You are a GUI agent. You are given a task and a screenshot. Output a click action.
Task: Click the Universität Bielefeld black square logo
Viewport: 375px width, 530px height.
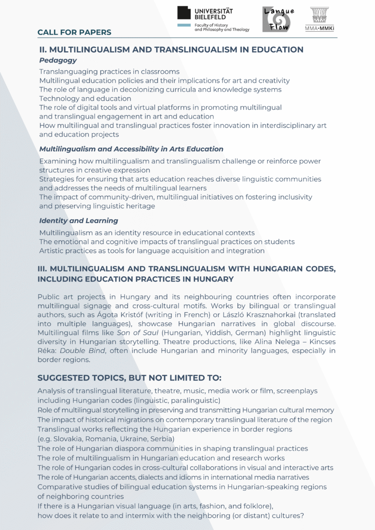pyautogui.click(x=184, y=14)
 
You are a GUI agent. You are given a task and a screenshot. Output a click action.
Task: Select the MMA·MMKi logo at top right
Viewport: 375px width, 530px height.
pyautogui.click(x=319, y=19)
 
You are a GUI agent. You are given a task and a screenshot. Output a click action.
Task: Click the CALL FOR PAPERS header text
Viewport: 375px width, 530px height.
pyautogui.click(x=74, y=33)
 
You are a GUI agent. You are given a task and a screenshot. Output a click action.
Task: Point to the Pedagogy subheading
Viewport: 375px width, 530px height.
pyautogui.click(x=58, y=61)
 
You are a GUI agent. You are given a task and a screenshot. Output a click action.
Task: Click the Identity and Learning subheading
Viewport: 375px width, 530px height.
pyautogui.click(x=79, y=221)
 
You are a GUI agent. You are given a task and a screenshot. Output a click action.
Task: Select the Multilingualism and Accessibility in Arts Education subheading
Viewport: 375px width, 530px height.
pyautogui.click(x=131, y=149)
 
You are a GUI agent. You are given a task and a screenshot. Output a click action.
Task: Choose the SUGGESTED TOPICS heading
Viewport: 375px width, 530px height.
pyautogui.click(x=129, y=378)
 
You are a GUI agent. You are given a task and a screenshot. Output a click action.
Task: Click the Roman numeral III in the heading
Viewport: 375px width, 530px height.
pyautogui.click(x=42, y=269)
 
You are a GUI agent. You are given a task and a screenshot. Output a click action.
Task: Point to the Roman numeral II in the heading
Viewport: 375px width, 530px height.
pyautogui.click(x=42, y=50)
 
